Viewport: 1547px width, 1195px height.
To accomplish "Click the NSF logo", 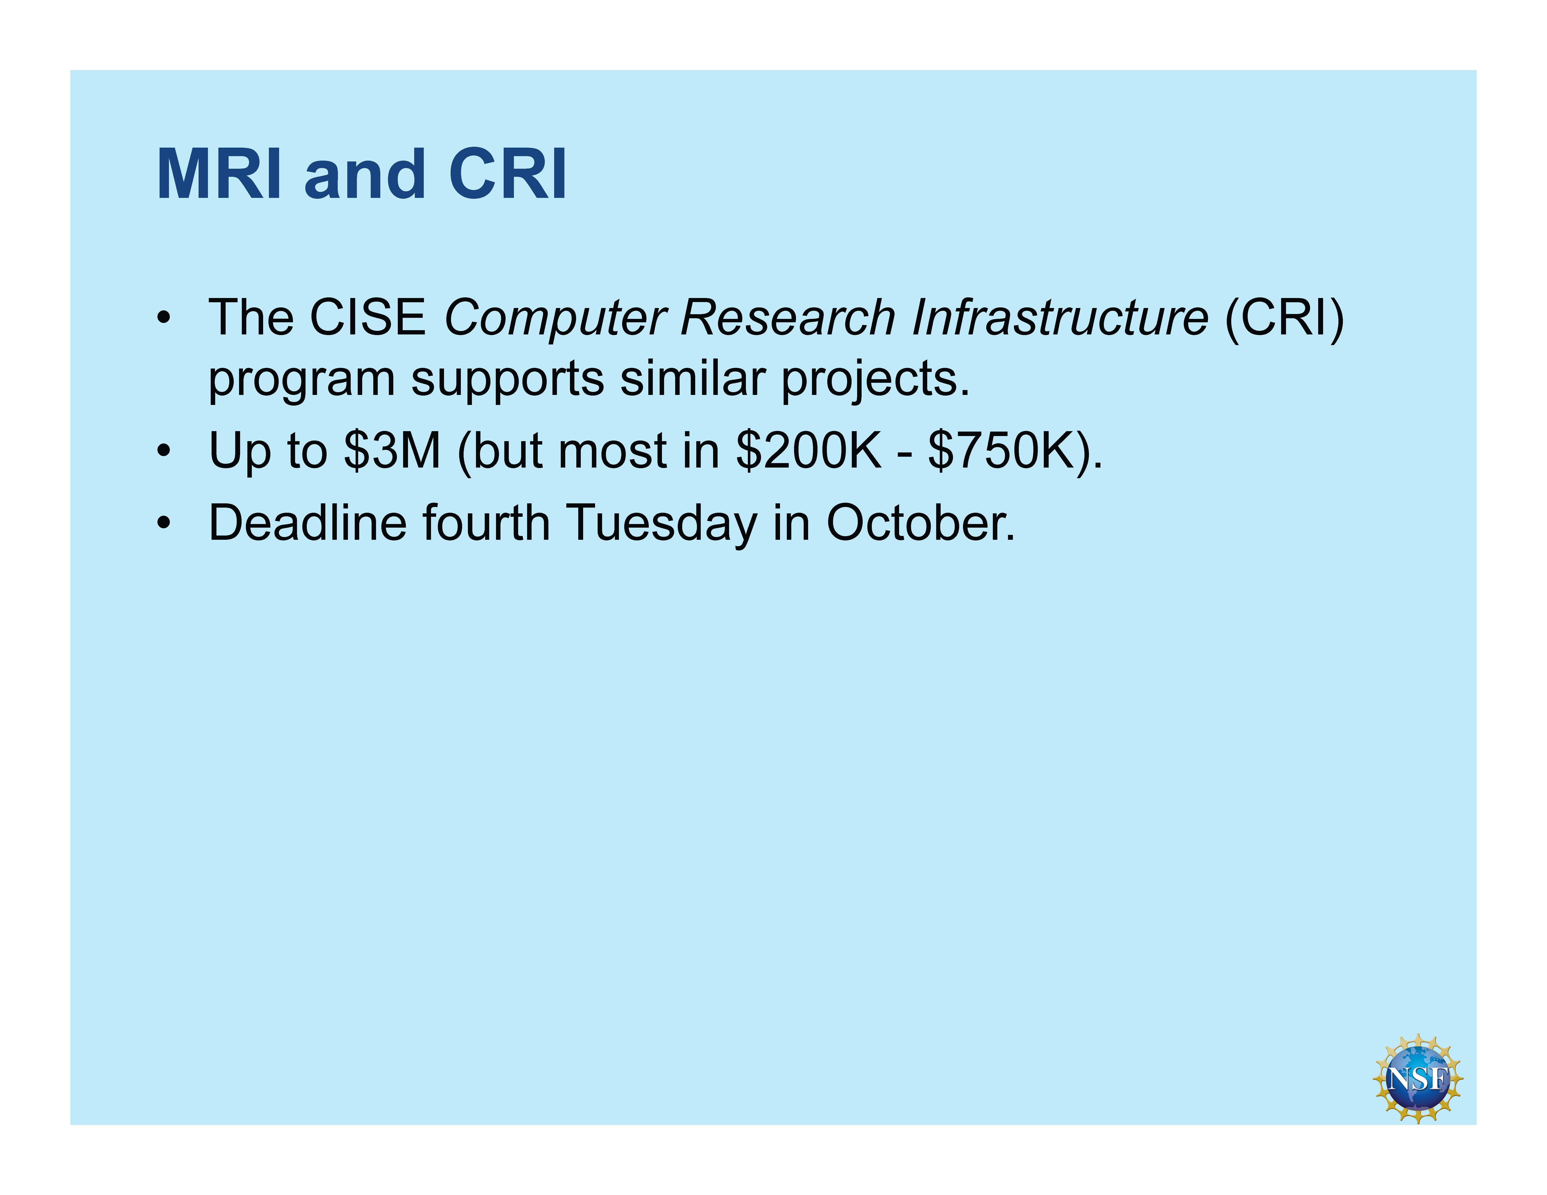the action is pos(1418,1078).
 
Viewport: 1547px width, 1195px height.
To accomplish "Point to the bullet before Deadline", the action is pos(164,523).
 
